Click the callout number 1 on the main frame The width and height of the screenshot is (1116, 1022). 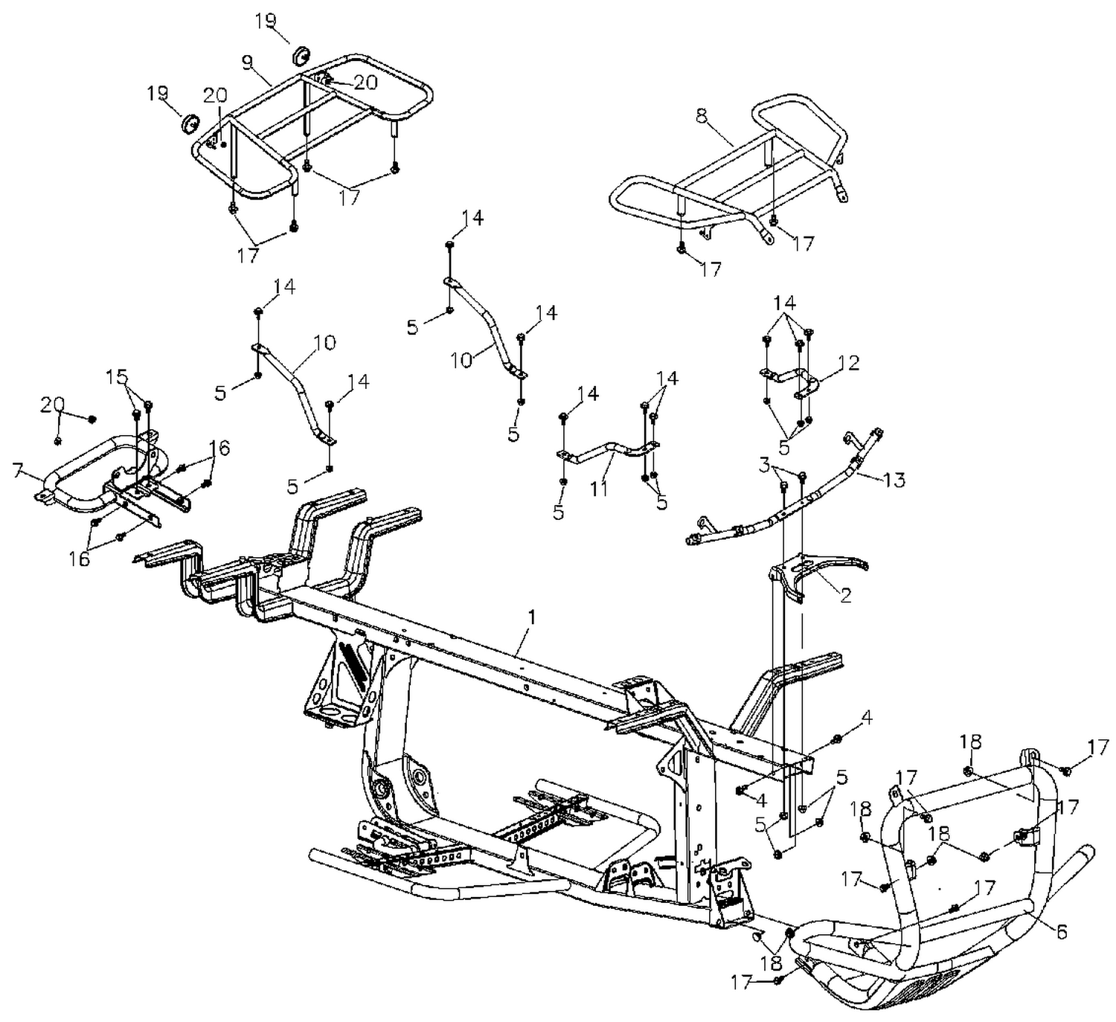point(531,617)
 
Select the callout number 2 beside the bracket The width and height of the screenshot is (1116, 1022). point(846,596)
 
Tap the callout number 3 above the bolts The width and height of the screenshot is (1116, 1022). point(764,466)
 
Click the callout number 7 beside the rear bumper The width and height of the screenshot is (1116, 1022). point(18,471)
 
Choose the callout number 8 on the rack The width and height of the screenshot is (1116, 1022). point(700,115)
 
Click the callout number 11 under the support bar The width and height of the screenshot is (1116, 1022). point(599,489)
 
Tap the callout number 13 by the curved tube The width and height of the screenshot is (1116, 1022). point(894,480)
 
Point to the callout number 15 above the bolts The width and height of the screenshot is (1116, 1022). point(117,376)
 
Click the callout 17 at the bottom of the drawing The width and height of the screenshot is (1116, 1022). point(742,983)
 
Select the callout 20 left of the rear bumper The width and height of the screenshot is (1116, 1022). point(51,405)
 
